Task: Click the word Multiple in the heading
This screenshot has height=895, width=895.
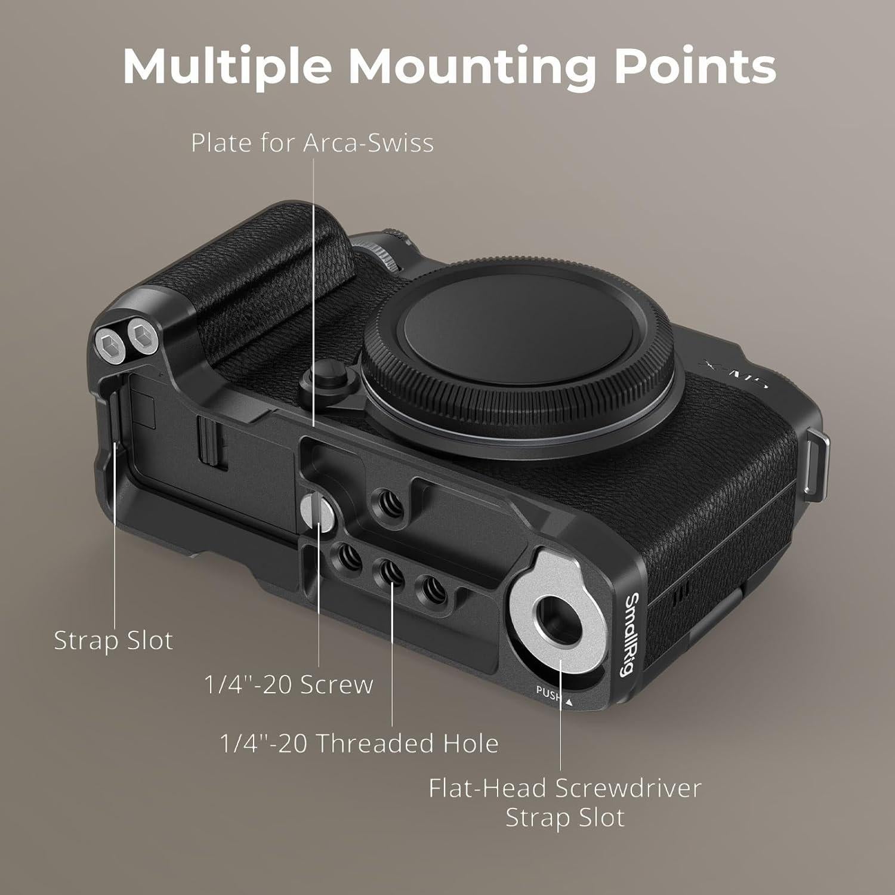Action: [x=227, y=66]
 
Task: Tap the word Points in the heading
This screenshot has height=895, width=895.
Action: [x=695, y=66]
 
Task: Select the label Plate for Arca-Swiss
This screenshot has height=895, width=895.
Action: [x=312, y=143]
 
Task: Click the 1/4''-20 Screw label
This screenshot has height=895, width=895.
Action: [x=289, y=684]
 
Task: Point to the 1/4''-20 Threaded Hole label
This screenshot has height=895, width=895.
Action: [x=359, y=743]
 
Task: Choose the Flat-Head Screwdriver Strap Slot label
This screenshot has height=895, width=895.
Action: [x=564, y=803]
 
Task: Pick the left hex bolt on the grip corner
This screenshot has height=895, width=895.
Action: [x=108, y=345]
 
